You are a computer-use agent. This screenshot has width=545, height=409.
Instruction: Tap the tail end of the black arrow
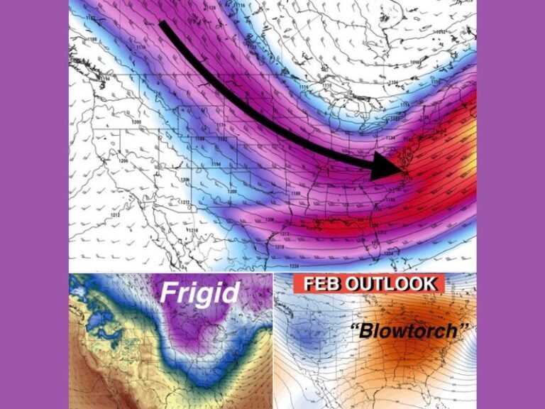pos(163,25)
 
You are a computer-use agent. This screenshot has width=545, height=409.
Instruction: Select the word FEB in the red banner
pos(322,283)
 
